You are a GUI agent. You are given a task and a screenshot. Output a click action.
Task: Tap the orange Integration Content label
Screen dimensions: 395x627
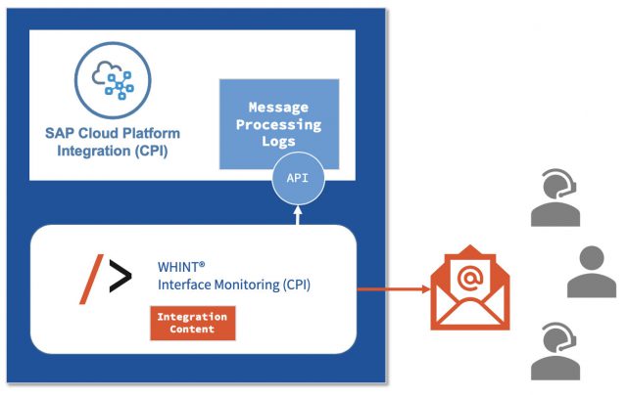point(193,324)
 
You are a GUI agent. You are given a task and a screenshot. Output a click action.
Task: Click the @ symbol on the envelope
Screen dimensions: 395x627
point(469,280)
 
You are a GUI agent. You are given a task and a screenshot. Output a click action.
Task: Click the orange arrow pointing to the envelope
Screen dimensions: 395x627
point(392,288)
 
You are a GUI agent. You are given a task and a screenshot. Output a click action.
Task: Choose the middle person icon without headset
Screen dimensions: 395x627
point(591,272)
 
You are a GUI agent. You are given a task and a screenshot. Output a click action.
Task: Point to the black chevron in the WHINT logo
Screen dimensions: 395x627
point(119,279)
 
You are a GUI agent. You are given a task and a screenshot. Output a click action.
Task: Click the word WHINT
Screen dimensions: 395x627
point(179,265)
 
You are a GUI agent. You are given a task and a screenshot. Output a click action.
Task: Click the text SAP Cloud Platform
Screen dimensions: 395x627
point(113,133)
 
